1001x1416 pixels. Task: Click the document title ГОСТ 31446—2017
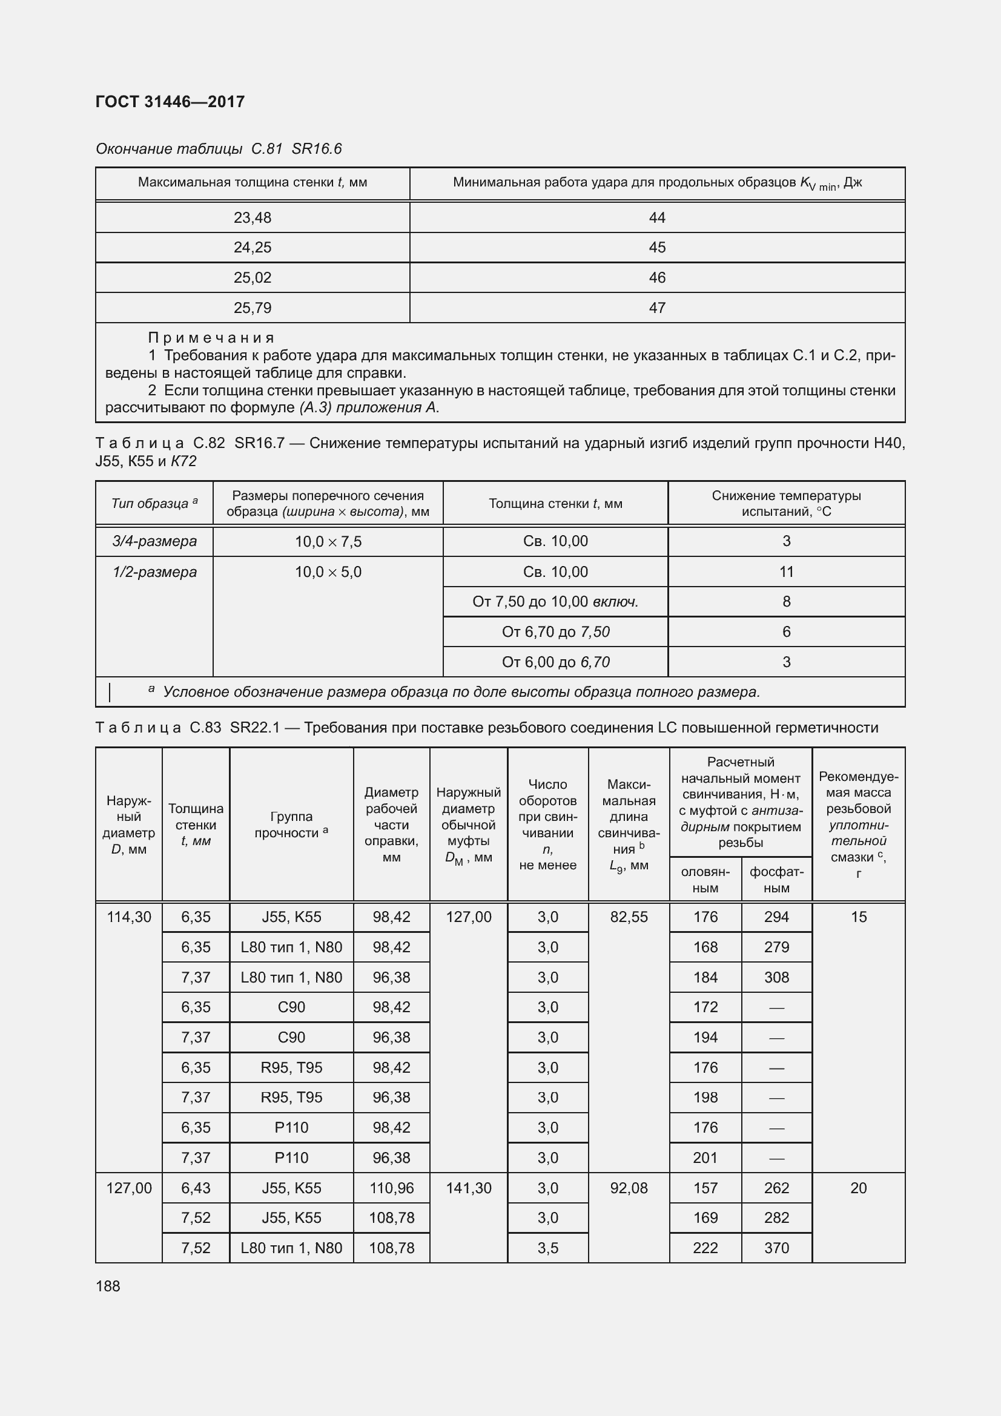coord(170,102)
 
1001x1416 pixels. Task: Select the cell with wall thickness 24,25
coord(253,248)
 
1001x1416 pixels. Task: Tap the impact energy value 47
coord(657,308)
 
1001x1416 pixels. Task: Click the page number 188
coord(108,1286)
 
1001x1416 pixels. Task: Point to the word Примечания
coord(211,337)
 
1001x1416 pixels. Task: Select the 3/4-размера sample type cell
coord(154,541)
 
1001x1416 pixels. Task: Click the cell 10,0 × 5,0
coord(328,571)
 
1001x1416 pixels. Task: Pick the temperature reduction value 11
coord(786,571)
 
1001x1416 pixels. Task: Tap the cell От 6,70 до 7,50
coord(555,631)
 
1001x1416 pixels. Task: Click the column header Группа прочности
coord(291,825)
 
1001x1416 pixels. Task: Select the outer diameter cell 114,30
coord(129,917)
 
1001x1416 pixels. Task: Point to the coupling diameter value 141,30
coord(468,1188)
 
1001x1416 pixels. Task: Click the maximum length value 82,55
coord(629,917)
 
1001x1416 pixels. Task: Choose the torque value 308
coord(776,977)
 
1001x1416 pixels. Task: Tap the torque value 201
coord(705,1157)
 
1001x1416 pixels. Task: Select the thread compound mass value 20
coord(858,1188)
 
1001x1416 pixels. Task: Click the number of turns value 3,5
coord(547,1248)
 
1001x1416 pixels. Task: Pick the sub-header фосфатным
coord(776,880)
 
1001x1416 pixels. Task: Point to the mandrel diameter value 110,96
coord(391,1188)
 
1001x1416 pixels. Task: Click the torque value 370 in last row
coord(776,1248)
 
